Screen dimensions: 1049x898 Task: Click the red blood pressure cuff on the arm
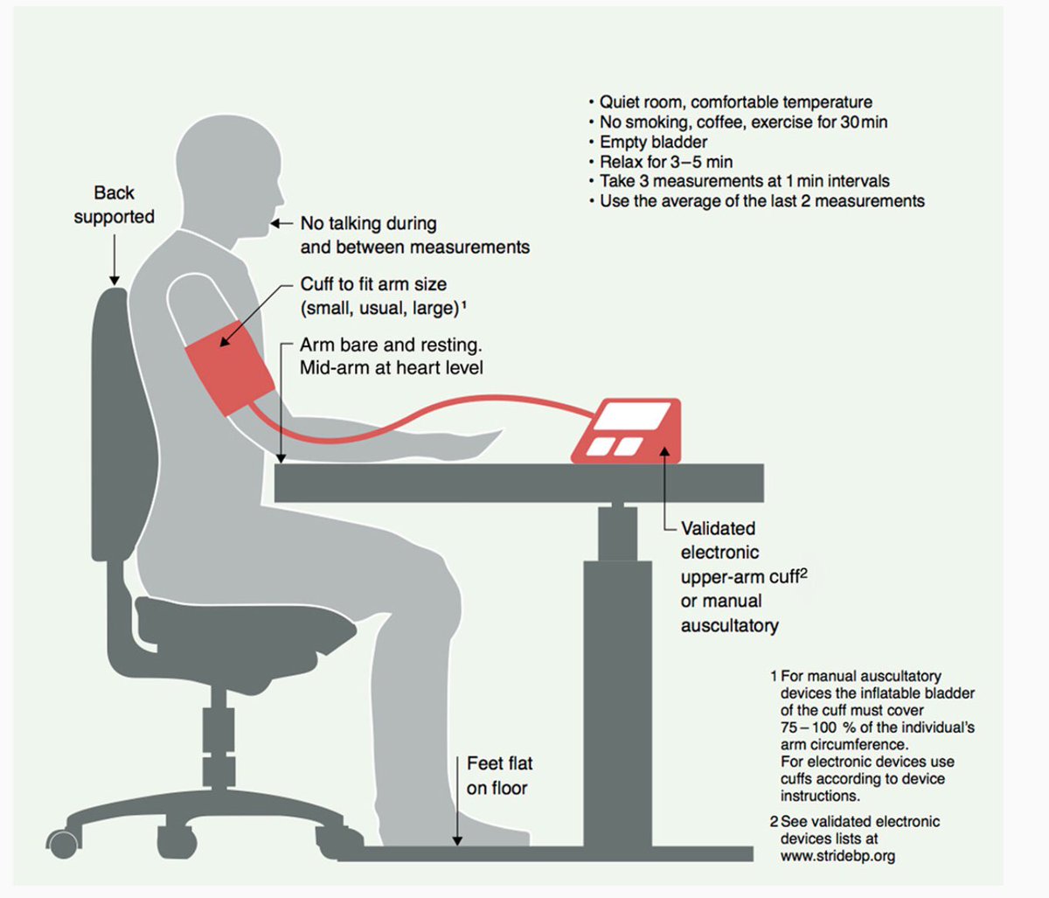click(229, 366)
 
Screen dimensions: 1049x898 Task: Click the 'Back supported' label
click(115, 205)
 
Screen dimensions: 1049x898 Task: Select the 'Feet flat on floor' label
click(499, 776)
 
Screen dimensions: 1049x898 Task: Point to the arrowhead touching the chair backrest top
click(115, 280)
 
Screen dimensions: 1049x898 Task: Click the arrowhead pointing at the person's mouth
click(275, 223)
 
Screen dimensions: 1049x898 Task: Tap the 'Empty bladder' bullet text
click(653, 142)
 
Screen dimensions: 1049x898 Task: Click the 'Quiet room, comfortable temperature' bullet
click(736, 102)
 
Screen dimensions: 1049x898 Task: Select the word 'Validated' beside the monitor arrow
click(718, 528)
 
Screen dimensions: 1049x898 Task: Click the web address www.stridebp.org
click(837, 856)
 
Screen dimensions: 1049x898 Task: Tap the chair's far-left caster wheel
click(64, 844)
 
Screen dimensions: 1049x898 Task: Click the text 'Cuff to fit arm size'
click(373, 284)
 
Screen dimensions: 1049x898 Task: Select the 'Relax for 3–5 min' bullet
click(666, 162)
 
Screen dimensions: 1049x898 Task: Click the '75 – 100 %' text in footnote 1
click(818, 727)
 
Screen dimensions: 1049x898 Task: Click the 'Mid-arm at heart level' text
click(392, 367)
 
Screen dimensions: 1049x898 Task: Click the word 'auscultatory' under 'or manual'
click(730, 626)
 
